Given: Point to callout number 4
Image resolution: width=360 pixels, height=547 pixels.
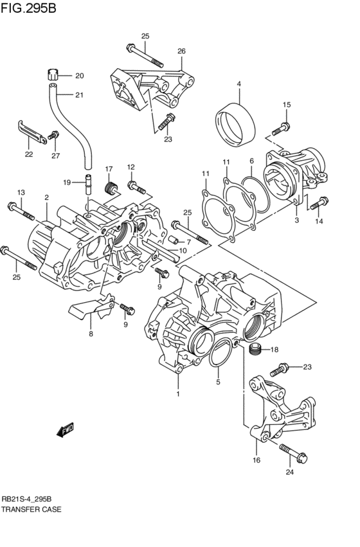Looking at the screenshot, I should tap(239, 84).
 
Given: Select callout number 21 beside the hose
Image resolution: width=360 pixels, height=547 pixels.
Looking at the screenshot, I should tap(79, 96).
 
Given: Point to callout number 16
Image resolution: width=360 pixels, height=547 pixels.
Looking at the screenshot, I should tap(256, 460).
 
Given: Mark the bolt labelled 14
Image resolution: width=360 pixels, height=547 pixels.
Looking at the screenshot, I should tap(314, 206).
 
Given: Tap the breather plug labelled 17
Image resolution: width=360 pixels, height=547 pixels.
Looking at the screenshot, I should tap(110, 188).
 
